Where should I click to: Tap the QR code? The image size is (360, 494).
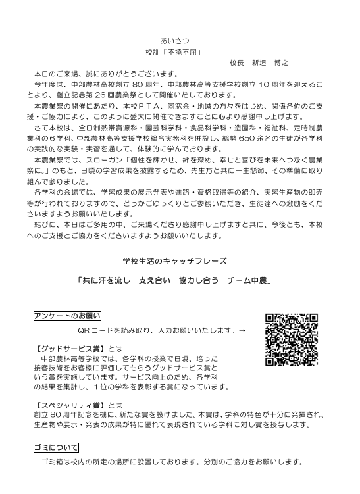[292, 338]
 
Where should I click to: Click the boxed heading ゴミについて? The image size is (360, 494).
[56, 447]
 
